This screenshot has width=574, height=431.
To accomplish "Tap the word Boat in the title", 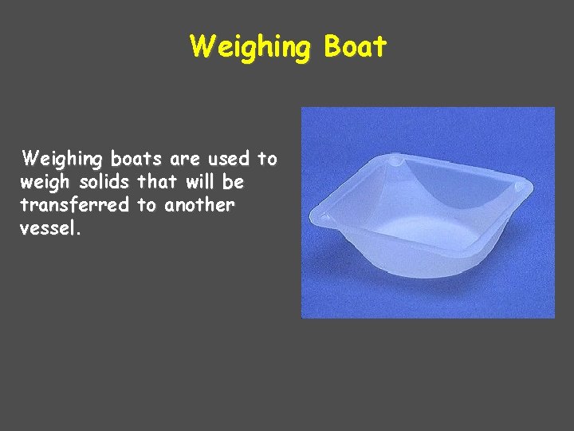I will (x=356, y=46).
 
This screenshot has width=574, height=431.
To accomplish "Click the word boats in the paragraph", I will (x=131, y=158).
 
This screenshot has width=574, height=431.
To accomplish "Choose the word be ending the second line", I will (x=234, y=181).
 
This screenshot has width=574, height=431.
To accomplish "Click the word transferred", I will (x=74, y=204).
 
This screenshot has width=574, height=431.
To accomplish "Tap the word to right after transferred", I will (x=147, y=205).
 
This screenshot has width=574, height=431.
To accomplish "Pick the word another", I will (x=199, y=204).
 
